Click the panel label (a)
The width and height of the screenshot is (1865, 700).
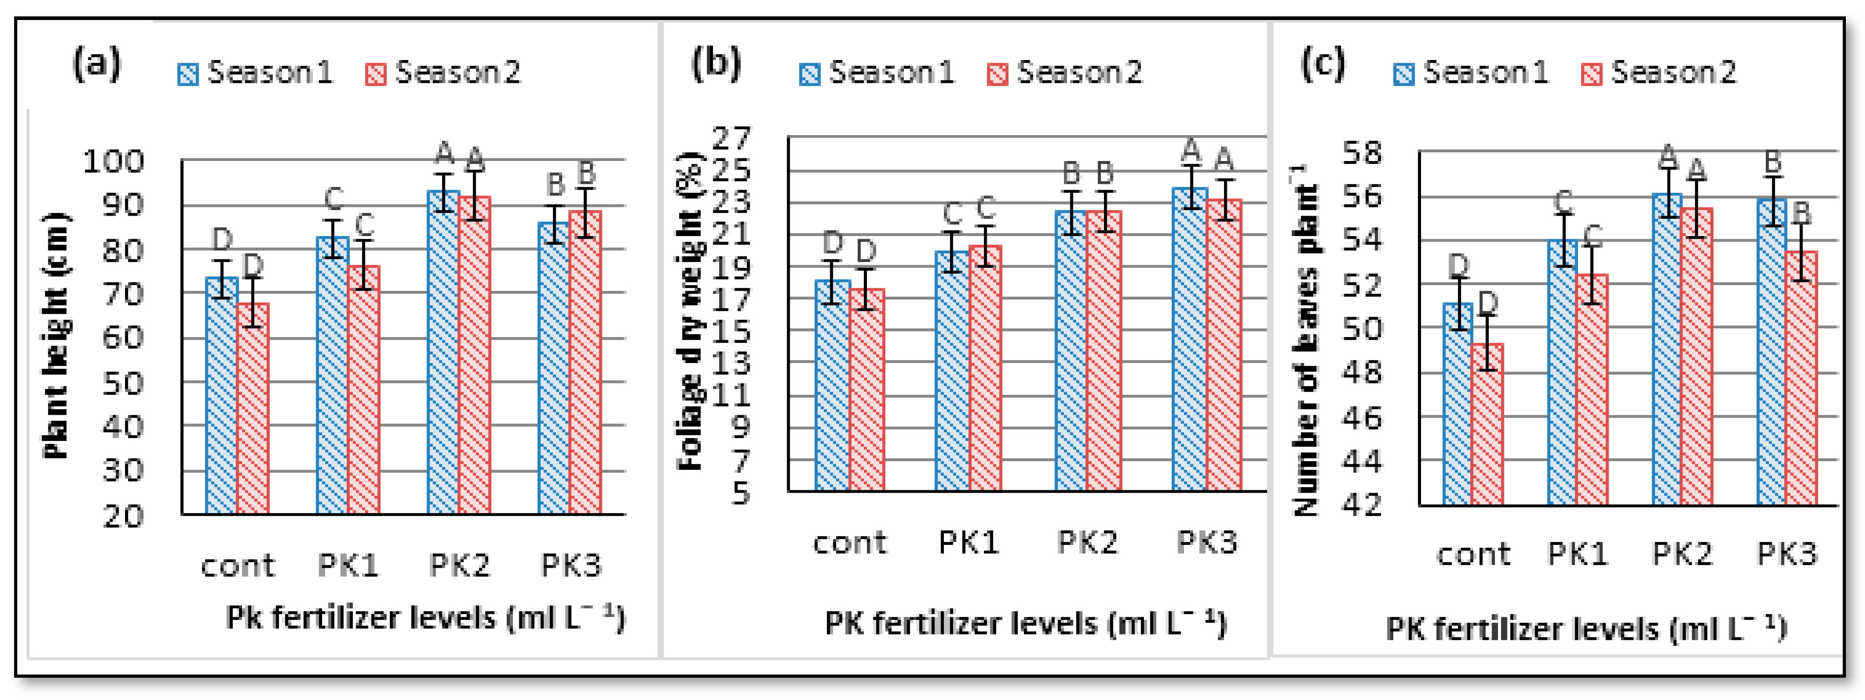click(x=96, y=65)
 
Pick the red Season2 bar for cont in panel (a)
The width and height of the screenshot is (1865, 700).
click(x=252, y=409)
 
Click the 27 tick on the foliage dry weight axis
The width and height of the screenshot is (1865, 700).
click(x=731, y=137)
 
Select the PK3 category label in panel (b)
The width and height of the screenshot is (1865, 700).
click(x=1206, y=541)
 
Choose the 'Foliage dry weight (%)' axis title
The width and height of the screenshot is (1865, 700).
click(x=690, y=311)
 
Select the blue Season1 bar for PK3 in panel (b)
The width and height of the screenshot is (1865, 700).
click(x=1190, y=340)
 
